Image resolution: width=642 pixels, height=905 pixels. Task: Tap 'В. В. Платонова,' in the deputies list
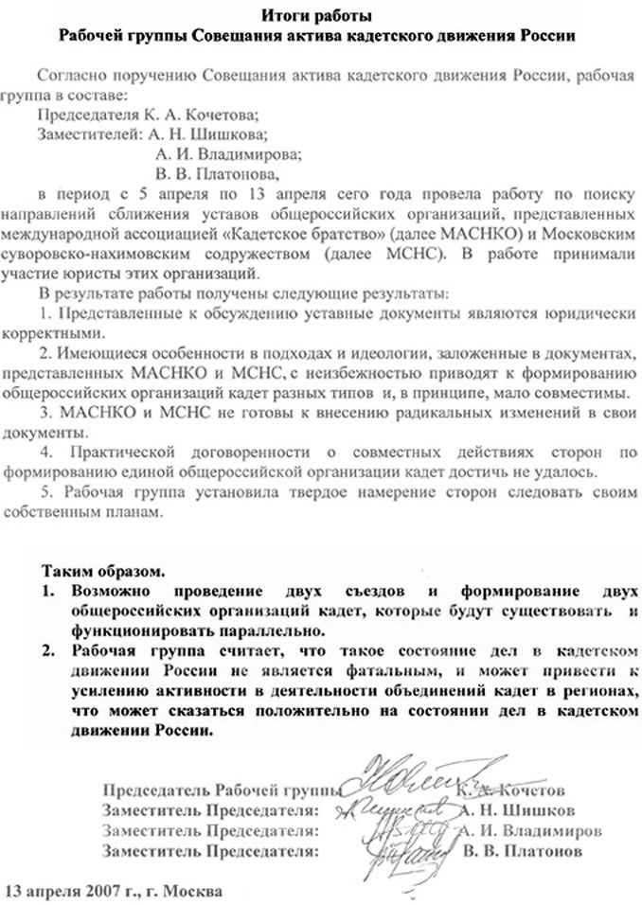[x=217, y=174]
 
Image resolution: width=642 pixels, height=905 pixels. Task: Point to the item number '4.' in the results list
[x=46, y=452]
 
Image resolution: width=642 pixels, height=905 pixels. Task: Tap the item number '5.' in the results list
[x=48, y=491]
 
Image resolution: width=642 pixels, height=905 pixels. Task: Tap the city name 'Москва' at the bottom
[x=194, y=891]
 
